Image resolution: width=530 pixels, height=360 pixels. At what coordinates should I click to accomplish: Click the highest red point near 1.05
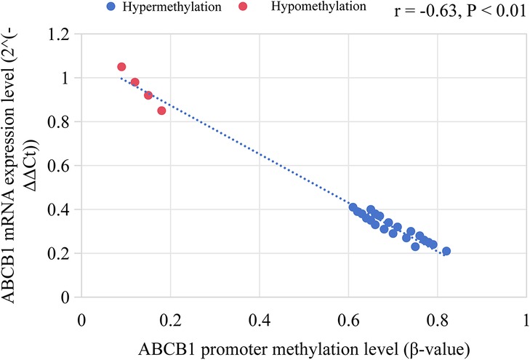pos(121,67)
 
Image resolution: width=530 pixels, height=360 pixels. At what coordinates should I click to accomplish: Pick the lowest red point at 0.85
pos(161,111)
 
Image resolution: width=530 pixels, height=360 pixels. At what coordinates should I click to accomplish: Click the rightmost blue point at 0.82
pos(446,251)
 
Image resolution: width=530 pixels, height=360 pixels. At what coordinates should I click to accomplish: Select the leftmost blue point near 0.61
pos(353,207)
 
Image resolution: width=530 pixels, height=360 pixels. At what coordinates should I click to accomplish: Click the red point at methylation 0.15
pos(148,95)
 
